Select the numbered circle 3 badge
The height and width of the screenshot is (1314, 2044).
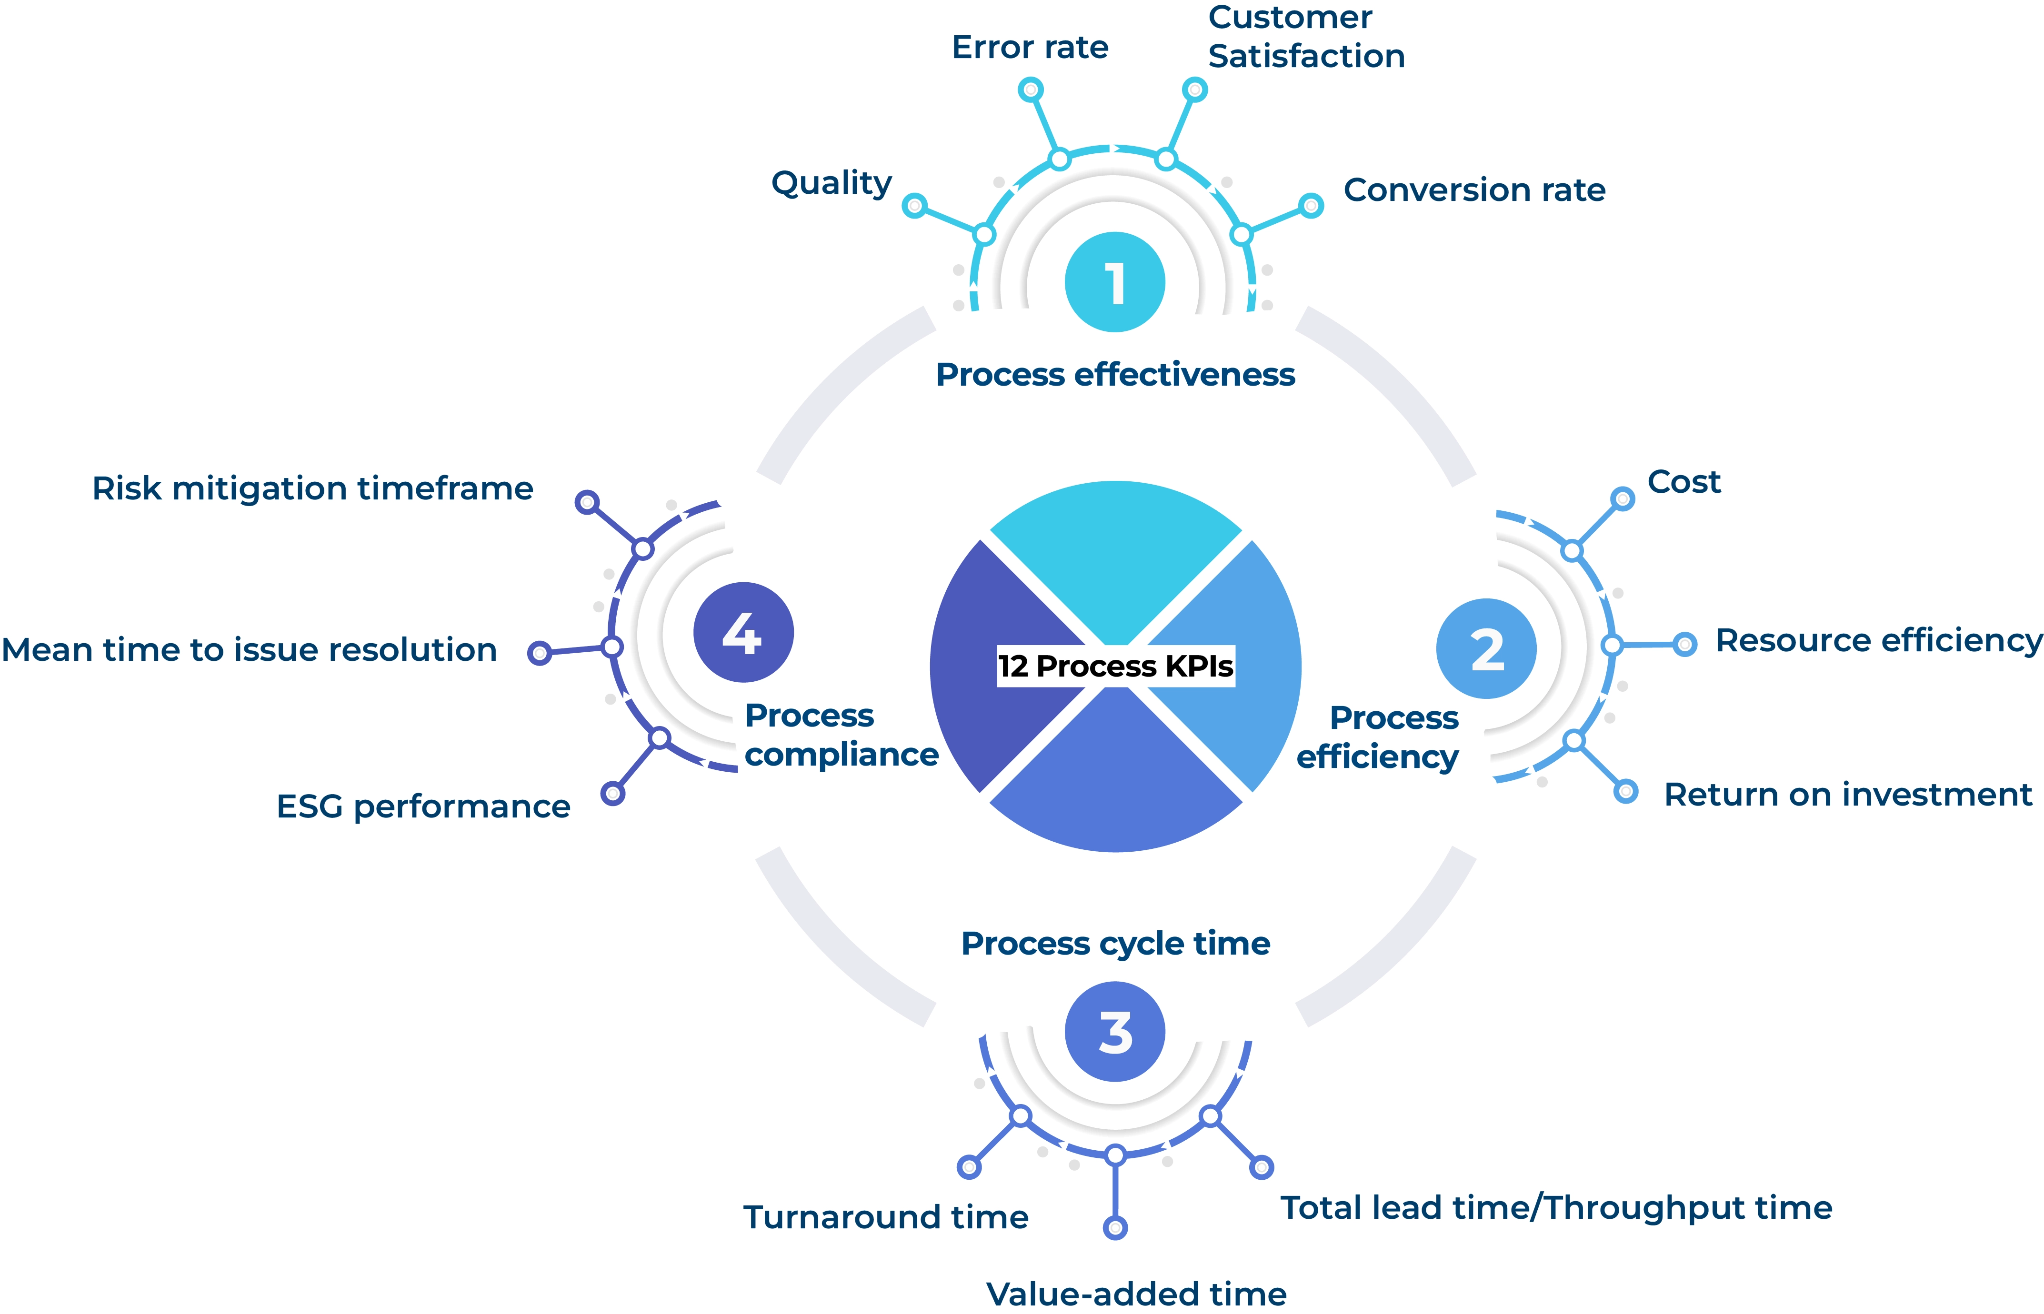point(1114,1032)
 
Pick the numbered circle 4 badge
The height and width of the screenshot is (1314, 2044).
point(742,632)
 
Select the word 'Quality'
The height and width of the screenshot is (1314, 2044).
point(831,183)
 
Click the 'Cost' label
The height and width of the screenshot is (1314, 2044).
point(1683,482)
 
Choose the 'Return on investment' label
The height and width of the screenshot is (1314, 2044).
point(1848,795)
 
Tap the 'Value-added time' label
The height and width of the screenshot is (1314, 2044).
point(1136,1294)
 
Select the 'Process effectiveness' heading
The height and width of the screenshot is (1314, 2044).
point(1114,375)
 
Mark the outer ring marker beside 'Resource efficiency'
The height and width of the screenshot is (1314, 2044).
point(1684,644)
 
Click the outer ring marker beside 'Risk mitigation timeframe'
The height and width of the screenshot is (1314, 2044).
point(586,502)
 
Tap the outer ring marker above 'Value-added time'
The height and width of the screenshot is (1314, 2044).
point(1114,1227)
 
